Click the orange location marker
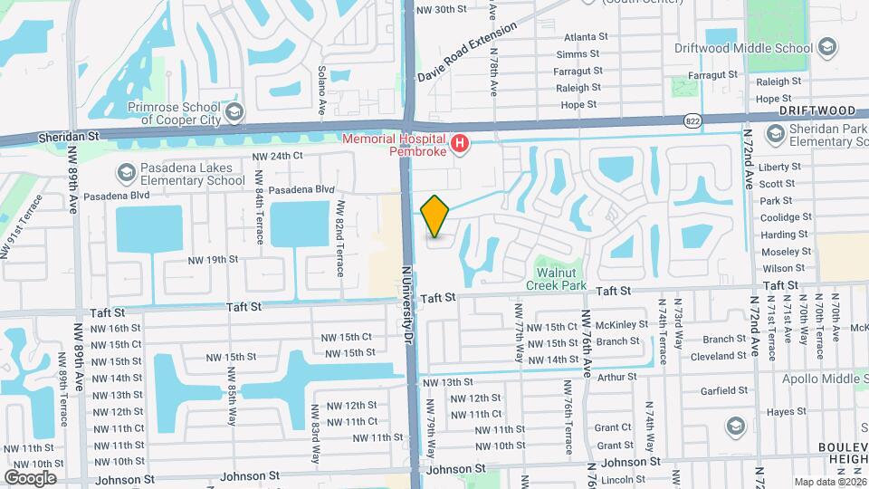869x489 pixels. tap(435, 216)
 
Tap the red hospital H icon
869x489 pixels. tap(461, 143)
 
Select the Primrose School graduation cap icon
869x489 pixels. tap(234, 112)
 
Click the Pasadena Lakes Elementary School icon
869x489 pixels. tap(125, 172)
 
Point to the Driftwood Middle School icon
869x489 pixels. tap(826, 47)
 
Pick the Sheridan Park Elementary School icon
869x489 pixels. tap(775, 134)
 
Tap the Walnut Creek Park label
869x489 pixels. tap(556, 279)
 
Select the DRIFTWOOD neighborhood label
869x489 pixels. tap(817, 110)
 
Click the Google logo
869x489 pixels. tap(30, 477)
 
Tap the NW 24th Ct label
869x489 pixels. tap(277, 156)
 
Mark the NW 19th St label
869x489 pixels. tap(213, 259)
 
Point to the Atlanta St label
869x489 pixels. tap(586, 37)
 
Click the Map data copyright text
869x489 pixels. tap(829, 481)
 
